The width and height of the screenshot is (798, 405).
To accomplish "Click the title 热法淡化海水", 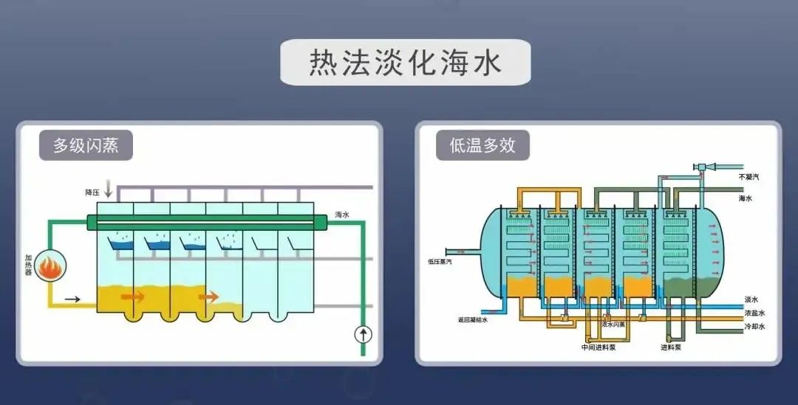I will (405, 63).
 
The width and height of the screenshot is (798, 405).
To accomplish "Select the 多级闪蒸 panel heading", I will (86, 145).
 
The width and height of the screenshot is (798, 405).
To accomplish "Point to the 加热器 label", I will (28, 266).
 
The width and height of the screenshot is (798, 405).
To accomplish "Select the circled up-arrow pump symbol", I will (363, 334).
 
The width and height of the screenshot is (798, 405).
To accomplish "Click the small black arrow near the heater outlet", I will (72, 299).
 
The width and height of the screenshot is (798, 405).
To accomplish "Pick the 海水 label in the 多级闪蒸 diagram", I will (341, 215).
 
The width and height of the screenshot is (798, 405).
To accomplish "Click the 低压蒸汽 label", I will (440, 260).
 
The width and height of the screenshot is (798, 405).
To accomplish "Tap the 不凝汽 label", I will (748, 177).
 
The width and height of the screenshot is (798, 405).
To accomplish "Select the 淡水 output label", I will (751, 300).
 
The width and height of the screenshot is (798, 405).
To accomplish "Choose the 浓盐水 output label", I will (754, 313).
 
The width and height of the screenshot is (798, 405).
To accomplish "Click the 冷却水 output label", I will (754, 326).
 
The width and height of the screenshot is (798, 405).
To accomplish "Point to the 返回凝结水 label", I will (472, 320).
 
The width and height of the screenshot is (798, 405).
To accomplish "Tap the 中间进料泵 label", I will (598, 347).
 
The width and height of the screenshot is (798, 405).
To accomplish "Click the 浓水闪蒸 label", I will (613, 324).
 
